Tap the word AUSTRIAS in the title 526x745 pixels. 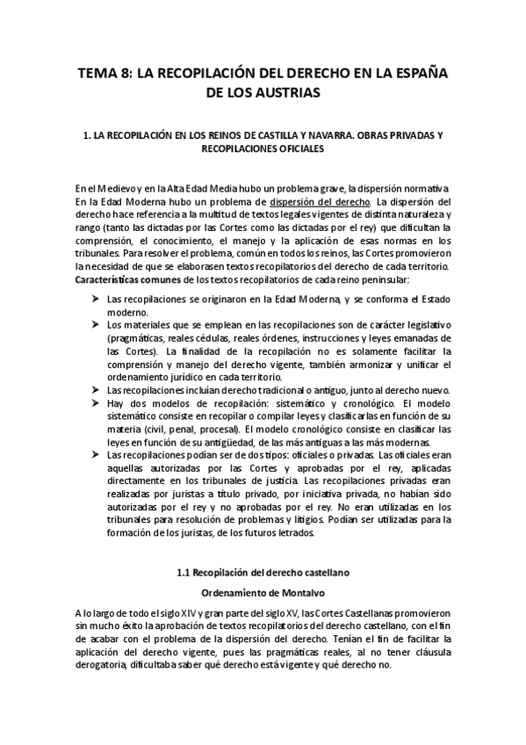[287, 91]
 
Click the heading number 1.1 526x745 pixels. [184, 573]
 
